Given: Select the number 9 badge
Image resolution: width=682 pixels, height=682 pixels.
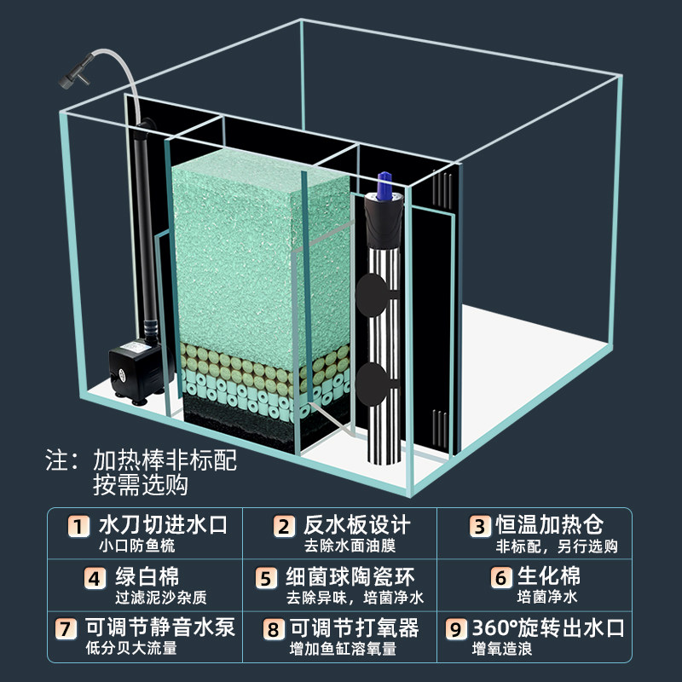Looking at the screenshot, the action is [x=457, y=631].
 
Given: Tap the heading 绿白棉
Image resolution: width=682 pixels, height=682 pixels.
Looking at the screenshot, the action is [x=144, y=577].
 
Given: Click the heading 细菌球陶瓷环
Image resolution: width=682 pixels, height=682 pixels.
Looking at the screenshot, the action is [x=355, y=577].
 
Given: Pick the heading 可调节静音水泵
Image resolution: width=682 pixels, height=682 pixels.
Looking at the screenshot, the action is [x=159, y=629].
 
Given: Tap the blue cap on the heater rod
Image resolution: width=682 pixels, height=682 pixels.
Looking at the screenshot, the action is [x=383, y=183].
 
